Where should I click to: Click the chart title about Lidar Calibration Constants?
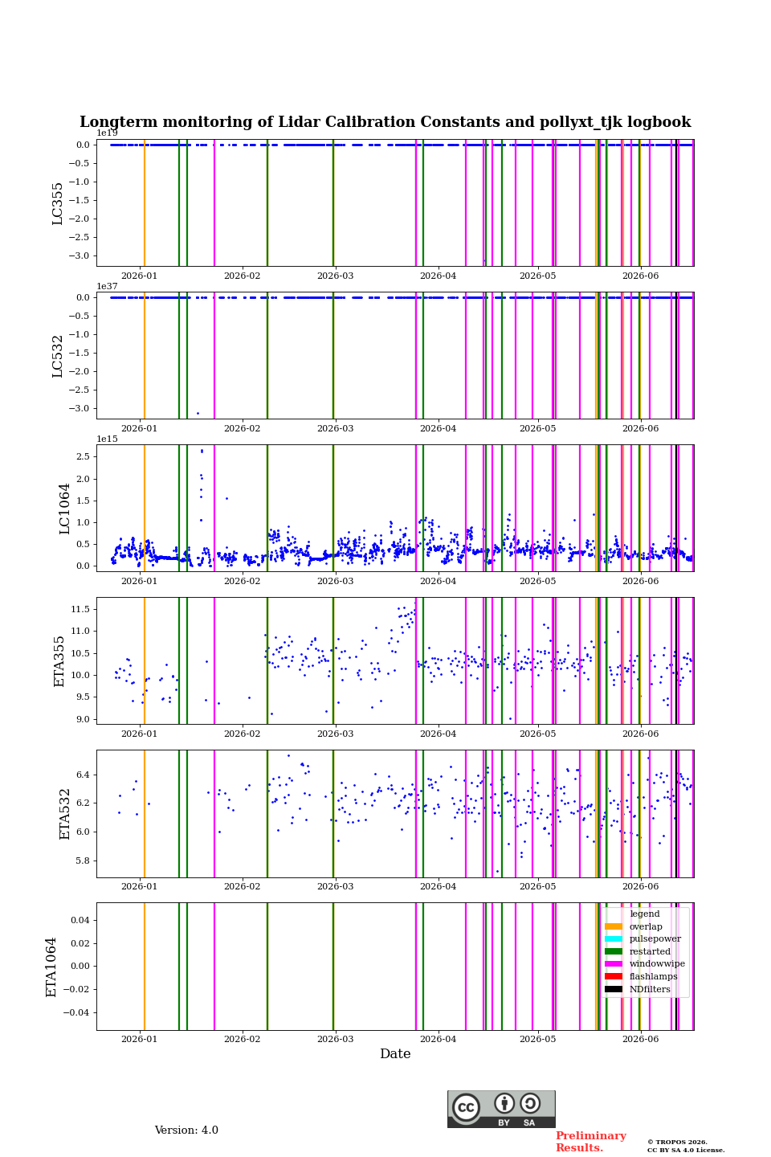coord(385,122)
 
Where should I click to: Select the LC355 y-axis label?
coord(57,203)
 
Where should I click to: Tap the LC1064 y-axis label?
coord(64,509)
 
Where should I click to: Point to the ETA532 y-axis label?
coord(64,814)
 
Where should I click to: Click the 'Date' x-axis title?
coord(395,1053)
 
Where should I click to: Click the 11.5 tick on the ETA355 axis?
coord(80,610)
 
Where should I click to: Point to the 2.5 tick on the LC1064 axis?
coord(84,456)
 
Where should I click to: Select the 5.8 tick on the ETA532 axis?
coord(84,861)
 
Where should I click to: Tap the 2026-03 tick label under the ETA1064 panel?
coord(335,1039)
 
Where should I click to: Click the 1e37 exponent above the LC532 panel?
coord(107,286)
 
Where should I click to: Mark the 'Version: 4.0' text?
coord(186,1130)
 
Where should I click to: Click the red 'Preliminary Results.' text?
coord(591,1141)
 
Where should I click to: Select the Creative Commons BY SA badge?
coord(501,1109)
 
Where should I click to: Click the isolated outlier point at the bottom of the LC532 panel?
coord(198,413)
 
